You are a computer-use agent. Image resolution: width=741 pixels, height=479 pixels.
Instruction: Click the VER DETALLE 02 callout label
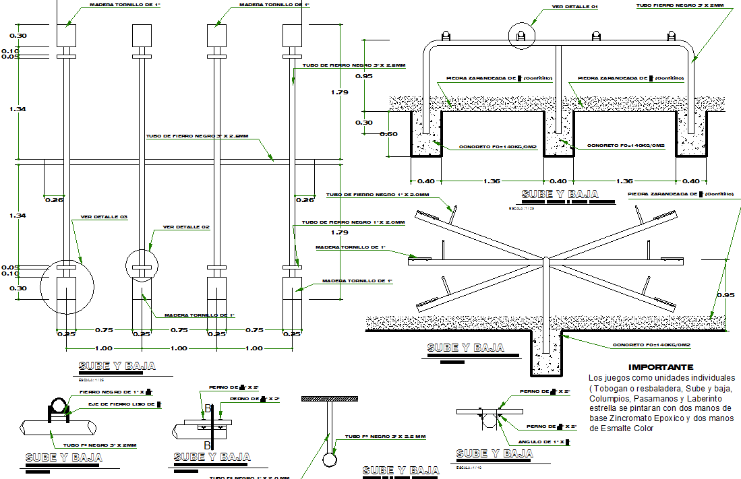[187, 227]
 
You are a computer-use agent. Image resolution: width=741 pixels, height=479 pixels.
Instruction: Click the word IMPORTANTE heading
[660, 367]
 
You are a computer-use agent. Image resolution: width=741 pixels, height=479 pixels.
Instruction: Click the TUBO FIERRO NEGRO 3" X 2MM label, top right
[680, 6]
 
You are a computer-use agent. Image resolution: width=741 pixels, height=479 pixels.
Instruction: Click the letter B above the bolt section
[208, 409]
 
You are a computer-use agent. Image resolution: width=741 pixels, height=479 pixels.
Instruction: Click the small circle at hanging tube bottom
[330, 460]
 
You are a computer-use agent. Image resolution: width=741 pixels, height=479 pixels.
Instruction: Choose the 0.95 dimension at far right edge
[726, 294]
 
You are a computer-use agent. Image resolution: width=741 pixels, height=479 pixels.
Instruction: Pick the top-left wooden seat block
[66, 35]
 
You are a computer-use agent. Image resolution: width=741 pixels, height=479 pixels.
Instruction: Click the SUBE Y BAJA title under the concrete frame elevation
[560, 195]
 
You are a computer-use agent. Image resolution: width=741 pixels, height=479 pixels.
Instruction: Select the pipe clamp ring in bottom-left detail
[57, 405]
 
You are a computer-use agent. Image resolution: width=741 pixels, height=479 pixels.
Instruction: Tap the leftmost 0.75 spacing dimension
[103, 330]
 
